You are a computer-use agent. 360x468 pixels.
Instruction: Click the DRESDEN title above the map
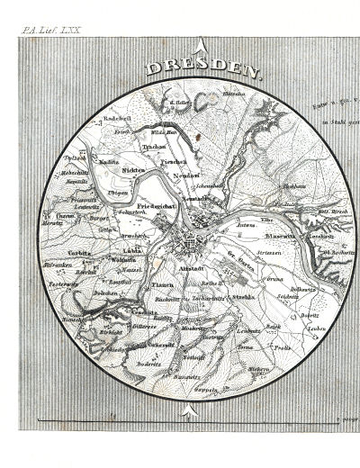pyautogui.click(x=202, y=69)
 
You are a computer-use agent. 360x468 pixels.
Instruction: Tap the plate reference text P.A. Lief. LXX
pyautogui.click(x=51, y=29)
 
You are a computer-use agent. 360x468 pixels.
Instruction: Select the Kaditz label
pyautogui.click(x=110, y=161)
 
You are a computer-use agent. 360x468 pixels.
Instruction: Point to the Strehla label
pyautogui.click(x=242, y=296)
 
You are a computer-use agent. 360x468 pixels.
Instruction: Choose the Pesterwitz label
pyautogui.click(x=63, y=285)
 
